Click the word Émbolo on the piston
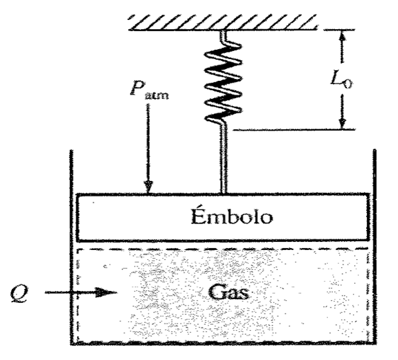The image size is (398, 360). pyautogui.click(x=223, y=217)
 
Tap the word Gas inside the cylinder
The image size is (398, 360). pyautogui.click(x=226, y=292)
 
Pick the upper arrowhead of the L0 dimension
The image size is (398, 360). pyautogui.click(x=342, y=37)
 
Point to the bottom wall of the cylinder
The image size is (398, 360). pyautogui.click(x=223, y=343)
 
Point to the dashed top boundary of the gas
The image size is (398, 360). pyautogui.click(x=223, y=249)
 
